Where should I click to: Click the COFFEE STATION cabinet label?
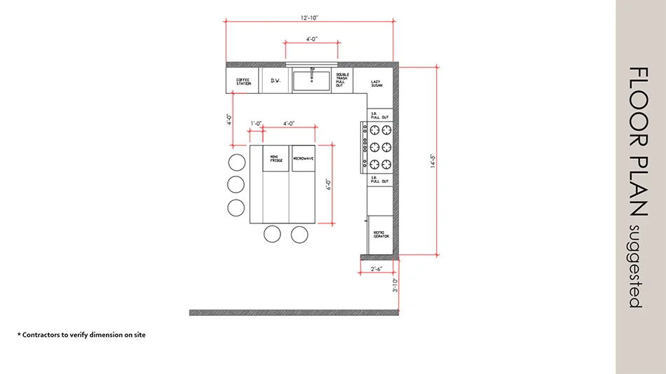click(243, 81)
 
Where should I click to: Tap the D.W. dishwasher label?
click(276, 81)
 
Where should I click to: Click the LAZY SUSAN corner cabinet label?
click(376, 83)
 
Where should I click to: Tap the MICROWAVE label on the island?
click(303, 158)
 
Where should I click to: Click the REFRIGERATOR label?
click(381, 235)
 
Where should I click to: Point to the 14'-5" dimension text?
click(433, 162)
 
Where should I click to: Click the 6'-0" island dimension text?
click(328, 184)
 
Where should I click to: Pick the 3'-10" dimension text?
click(395, 285)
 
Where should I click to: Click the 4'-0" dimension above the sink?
click(311, 39)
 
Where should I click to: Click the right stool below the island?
click(299, 234)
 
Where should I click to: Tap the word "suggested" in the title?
click(634, 266)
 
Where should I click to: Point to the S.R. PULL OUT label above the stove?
click(380, 116)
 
